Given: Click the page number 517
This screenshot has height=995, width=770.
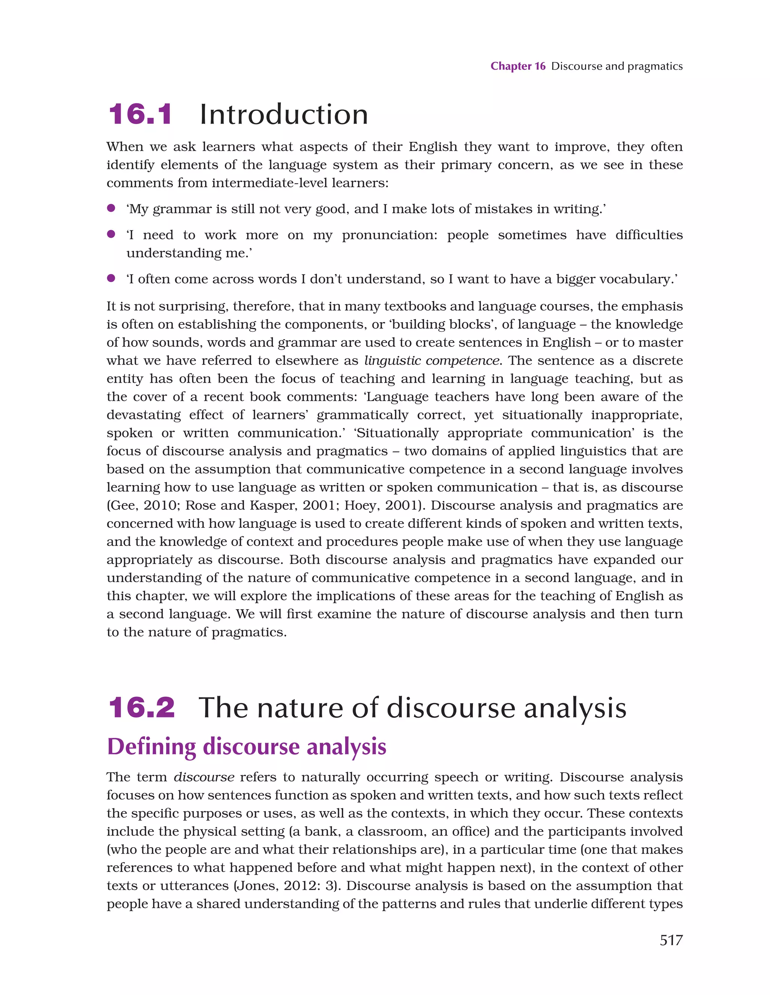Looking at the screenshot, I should click(671, 940).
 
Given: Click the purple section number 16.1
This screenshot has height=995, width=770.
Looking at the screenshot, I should click(140, 114).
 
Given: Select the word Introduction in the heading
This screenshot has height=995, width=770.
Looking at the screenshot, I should click(283, 114).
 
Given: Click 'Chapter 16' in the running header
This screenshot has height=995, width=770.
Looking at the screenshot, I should click(518, 67).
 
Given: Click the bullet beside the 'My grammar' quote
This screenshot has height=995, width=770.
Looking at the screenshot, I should click(111, 208).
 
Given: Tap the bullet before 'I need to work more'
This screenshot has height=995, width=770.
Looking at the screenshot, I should click(111, 234).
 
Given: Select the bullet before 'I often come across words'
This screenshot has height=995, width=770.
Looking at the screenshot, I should click(111, 278).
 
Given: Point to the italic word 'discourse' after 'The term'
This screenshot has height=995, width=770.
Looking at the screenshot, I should click(204, 777).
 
